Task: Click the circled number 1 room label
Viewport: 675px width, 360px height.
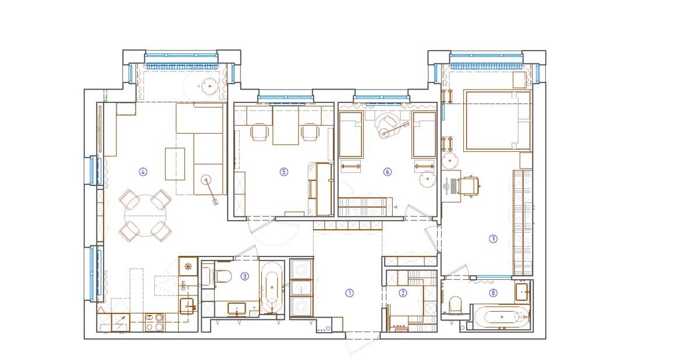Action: (350, 293)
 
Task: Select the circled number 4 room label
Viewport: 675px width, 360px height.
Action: (143, 172)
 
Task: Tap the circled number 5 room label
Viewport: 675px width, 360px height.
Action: (284, 172)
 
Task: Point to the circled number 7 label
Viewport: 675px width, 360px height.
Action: (493, 238)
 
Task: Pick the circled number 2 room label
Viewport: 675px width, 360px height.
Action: (403, 293)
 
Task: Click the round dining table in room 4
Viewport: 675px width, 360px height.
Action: (145, 215)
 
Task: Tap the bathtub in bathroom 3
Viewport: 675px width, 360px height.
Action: (272, 288)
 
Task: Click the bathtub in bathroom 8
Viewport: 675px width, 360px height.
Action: (502, 318)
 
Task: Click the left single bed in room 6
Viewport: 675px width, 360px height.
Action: (350, 134)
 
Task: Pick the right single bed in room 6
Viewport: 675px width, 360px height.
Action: (424, 134)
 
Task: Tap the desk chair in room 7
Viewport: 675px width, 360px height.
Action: (470, 186)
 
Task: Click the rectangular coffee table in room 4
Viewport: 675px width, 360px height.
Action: (175, 164)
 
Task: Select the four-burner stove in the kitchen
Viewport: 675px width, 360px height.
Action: (154, 322)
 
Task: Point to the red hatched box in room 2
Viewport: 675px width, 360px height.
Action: (402, 330)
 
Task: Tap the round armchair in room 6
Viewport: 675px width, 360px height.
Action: (386, 126)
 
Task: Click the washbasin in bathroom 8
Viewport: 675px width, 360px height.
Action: (522, 291)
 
